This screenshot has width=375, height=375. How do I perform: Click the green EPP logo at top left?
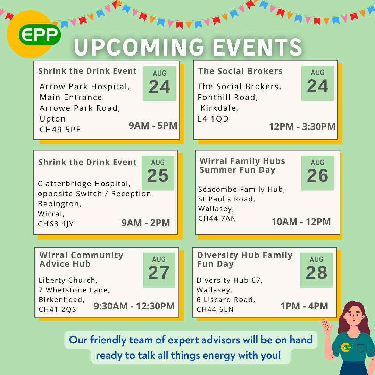point(40,35)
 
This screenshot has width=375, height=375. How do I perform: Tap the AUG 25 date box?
point(158,173)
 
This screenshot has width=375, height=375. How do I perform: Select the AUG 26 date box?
point(317,173)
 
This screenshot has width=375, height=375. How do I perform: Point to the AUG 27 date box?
point(159,270)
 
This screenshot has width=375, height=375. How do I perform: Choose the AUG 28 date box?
point(316,270)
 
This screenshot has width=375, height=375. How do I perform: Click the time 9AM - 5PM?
point(153,126)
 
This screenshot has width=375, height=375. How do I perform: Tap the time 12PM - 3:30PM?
point(302,126)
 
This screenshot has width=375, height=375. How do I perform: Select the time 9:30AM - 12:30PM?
point(134,306)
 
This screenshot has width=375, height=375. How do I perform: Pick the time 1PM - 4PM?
point(304,306)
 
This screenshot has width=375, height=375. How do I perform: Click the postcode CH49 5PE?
point(60,130)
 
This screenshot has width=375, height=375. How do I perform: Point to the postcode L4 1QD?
point(213,119)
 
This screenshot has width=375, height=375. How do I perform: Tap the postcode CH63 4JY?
point(56,224)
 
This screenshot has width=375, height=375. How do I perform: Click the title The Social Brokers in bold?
point(240,71)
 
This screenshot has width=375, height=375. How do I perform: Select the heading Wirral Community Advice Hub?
point(81,259)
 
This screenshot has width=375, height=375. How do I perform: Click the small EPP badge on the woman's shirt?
point(347,348)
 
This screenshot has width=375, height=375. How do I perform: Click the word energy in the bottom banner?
point(219,356)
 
